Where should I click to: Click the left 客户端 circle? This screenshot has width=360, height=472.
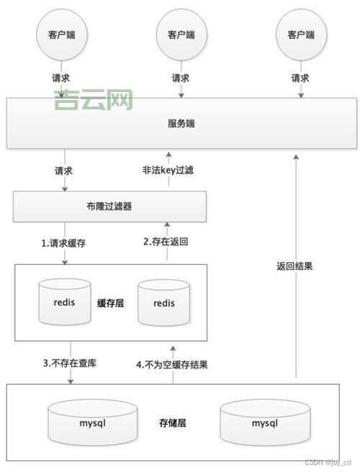click(x=60, y=35)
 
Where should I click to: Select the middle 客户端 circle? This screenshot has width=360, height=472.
click(x=181, y=35)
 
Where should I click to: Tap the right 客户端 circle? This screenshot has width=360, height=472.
click(x=300, y=35)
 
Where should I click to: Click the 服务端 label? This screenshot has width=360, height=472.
click(x=181, y=124)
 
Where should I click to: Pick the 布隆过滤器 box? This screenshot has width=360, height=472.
click(x=109, y=206)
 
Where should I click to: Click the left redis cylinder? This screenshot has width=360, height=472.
click(x=64, y=302)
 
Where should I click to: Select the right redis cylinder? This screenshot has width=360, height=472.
click(x=164, y=303)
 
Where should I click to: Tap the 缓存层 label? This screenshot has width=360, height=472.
click(x=111, y=304)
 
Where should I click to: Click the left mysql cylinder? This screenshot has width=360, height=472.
click(x=93, y=423)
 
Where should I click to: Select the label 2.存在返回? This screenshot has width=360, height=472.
click(x=166, y=242)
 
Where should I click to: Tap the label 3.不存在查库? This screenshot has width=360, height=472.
click(x=69, y=363)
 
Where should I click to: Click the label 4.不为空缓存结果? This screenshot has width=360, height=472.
click(x=173, y=365)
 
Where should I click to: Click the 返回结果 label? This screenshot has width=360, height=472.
click(x=294, y=265)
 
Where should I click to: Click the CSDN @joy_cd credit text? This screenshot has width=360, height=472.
click(x=328, y=463)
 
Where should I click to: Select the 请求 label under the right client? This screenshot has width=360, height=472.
click(x=300, y=78)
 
